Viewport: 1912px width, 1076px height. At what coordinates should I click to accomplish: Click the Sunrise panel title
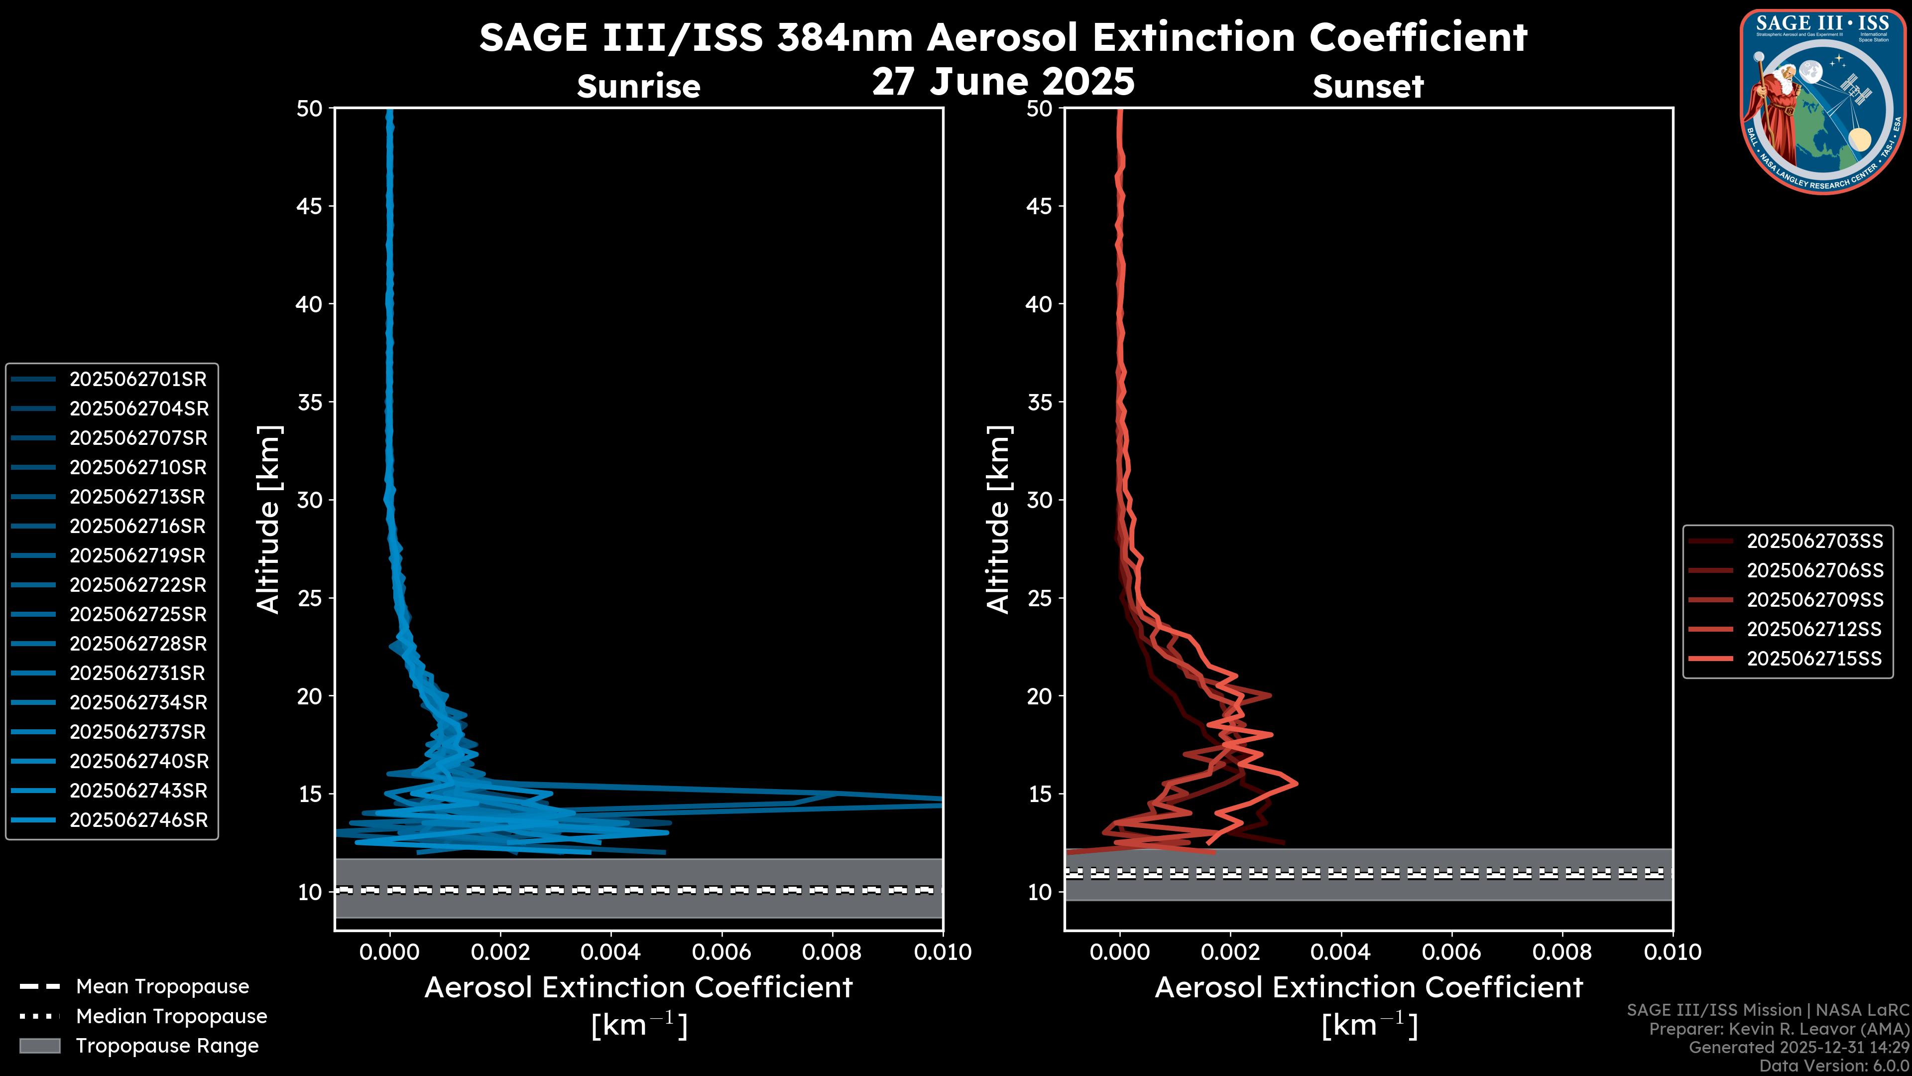638,87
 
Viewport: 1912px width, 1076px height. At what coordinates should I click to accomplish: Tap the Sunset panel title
1368,87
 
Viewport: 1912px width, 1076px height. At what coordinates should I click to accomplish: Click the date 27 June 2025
1003,82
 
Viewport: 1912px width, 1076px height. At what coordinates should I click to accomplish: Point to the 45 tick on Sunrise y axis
310,206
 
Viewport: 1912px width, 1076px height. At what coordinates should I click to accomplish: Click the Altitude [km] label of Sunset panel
999,519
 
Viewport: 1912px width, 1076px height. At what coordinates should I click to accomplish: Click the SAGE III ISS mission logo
1823,101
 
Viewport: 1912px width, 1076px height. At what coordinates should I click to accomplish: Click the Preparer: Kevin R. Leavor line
1779,1029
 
